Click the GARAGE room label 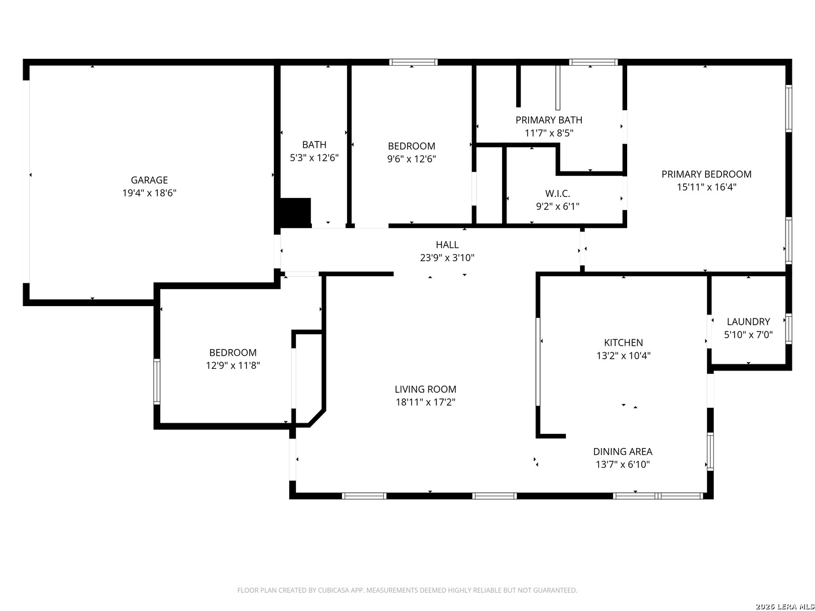(x=149, y=180)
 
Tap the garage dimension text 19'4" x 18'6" (x=149, y=193)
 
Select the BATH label (x=314, y=145)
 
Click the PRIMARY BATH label (x=549, y=120)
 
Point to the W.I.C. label (x=557, y=193)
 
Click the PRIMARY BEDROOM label (x=706, y=174)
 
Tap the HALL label (x=447, y=244)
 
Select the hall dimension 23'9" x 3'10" (x=447, y=257)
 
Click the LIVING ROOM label (x=426, y=389)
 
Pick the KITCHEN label (x=623, y=342)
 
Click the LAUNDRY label (x=748, y=322)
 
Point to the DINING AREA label (x=623, y=451)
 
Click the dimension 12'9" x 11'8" (x=233, y=365)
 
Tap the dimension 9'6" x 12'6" (x=411, y=159)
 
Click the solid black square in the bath (x=295, y=213)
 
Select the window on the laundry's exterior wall (x=788, y=329)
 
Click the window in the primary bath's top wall (x=593, y=62)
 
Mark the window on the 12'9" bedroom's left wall (x=157, y=381)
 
